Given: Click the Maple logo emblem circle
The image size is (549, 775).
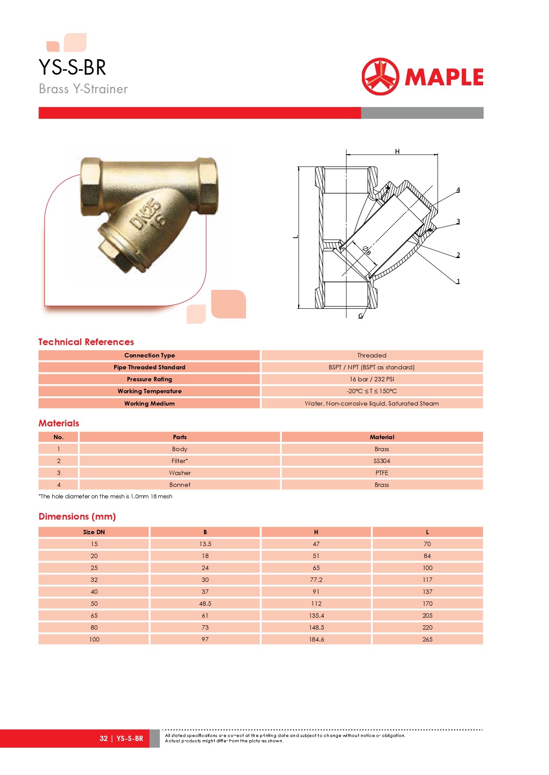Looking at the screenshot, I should click(380, 76).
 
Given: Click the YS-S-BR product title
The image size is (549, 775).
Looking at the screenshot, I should click(73, 68).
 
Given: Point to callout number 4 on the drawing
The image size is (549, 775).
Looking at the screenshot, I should click(458, 190).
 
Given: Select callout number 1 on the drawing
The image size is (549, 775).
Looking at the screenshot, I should click(458, 281).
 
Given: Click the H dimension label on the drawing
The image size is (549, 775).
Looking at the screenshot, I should click(397, 152).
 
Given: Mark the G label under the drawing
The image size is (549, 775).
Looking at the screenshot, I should click(361, 316).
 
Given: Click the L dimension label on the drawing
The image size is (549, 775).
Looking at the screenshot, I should click(296, 237).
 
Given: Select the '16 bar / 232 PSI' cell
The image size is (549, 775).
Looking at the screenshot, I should click(372, 379).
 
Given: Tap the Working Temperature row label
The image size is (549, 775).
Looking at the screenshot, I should click(150, 391).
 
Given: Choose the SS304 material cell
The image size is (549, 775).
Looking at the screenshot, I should click(382, 461).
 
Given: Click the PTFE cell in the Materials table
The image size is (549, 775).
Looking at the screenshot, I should click(382, 473).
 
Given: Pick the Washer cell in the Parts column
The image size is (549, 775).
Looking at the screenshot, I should click(180, 473).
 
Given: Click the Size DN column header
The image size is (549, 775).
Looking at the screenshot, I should click(94, 532).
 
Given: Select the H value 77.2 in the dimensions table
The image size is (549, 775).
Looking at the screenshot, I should click(316, 580).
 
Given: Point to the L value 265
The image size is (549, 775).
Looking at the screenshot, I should click(427, 639).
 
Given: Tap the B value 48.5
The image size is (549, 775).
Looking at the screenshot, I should click(205, 604).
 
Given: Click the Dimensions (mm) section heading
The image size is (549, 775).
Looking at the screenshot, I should click(77, 517).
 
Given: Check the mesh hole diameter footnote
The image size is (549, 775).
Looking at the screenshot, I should click(106, 497).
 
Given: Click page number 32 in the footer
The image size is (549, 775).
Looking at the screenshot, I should click(104, 738).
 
